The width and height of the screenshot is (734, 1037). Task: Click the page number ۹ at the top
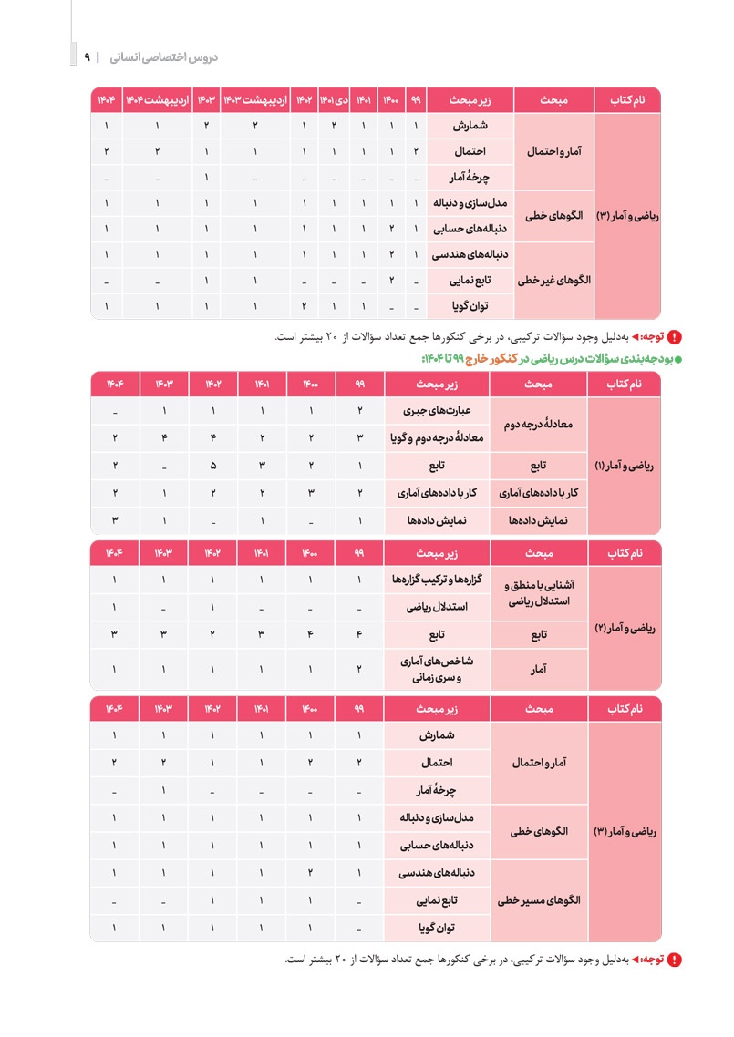coord(87,56)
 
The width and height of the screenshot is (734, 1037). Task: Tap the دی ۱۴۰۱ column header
coord(334,99)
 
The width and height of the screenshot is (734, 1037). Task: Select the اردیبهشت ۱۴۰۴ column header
coord(157,99)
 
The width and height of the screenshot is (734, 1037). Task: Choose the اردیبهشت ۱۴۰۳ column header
coord(255,99)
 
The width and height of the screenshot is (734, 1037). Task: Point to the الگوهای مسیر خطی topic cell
coord(543,901)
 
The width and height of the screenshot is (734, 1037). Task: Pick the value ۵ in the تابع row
coord(212,467)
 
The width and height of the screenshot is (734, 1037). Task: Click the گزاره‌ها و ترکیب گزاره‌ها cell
coord(438,580)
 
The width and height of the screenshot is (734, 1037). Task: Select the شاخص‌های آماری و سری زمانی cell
coord(438,669)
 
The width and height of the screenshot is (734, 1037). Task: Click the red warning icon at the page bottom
coord(676,960)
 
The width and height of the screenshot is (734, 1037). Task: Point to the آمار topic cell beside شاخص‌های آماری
coord(539,669)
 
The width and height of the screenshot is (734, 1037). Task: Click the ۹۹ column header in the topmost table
coord(415,99)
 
